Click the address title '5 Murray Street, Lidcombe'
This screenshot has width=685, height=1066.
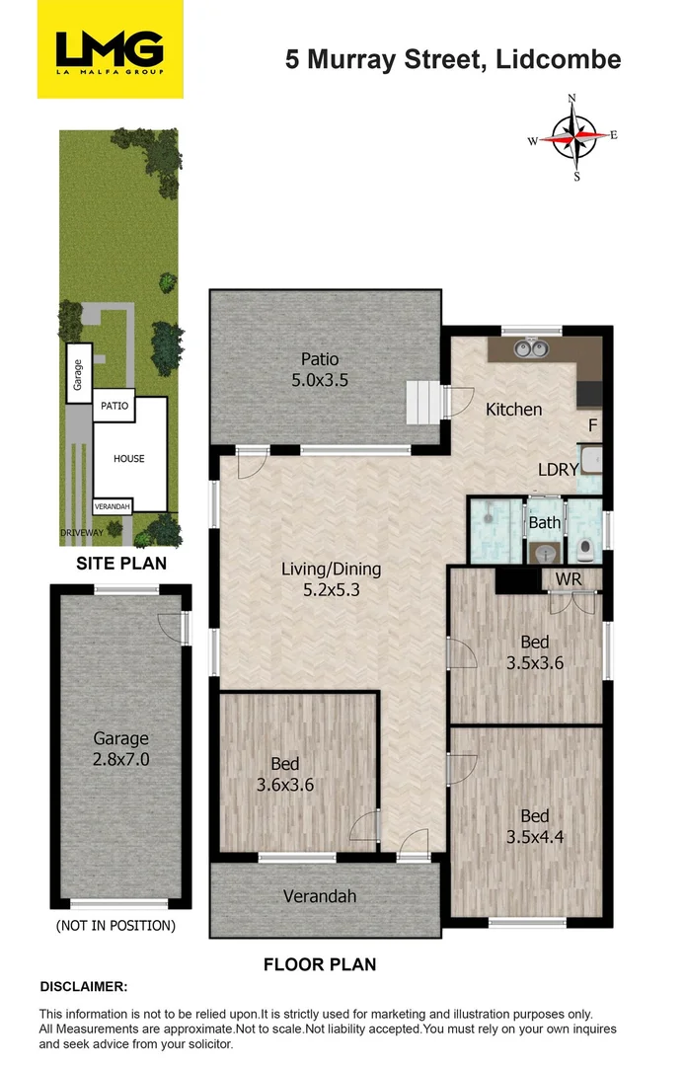tap(453, 59)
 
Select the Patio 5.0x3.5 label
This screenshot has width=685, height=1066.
tap(321, 369)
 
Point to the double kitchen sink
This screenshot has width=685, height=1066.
tap(529, 347)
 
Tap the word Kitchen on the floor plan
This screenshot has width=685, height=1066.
tap(513, 409)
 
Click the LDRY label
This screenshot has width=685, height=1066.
tap(558, 470)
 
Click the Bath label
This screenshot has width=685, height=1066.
tap(544, 522)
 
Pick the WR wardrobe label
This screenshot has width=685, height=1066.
tap(568, 577)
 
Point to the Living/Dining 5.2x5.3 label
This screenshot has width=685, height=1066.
tap(331, 580)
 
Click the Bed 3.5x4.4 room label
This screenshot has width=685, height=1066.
tap(534, 827)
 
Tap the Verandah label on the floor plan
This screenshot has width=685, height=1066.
tap(320, 896)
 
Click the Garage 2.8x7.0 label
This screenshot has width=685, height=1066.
tap(120, 748)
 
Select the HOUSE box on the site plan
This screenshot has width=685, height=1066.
tap(128, 458)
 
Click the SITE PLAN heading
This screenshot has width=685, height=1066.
tap(121, 564)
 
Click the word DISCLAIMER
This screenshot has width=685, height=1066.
tap(83, 987)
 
